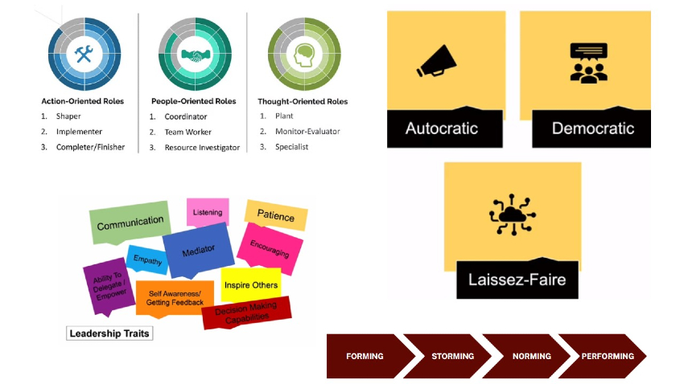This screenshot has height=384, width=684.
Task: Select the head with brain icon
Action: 304,55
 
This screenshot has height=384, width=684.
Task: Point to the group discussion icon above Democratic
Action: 588,62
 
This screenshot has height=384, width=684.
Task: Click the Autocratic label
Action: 441,129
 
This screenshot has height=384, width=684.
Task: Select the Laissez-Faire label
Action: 517,280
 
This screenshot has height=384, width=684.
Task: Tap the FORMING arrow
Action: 365,356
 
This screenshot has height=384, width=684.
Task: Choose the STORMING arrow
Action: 452,356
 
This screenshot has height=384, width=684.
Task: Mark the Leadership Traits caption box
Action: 109,333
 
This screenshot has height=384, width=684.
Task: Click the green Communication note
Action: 130,223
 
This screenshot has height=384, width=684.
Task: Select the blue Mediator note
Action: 198,251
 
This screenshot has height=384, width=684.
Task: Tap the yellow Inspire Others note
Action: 250,284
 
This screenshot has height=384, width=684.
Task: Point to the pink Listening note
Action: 208,212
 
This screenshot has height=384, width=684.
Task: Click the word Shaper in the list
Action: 68,116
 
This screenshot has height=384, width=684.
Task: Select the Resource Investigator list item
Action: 202,147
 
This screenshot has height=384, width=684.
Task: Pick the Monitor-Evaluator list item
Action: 307,132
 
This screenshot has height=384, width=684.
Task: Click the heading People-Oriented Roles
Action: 193,102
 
